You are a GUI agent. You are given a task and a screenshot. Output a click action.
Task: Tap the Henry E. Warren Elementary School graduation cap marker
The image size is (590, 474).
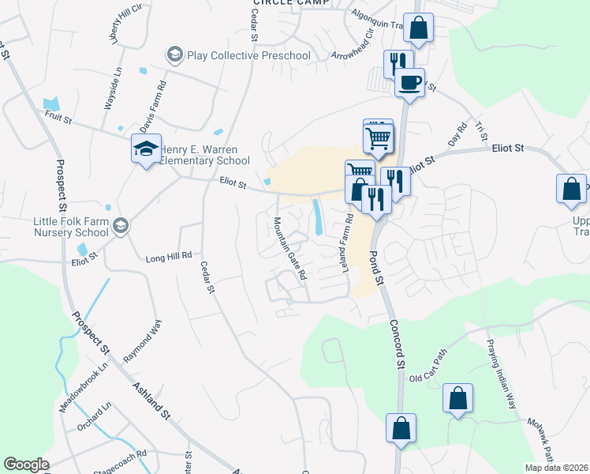pos(146,150)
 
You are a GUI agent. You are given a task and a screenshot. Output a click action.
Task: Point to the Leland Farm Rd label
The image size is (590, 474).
pos(345,245)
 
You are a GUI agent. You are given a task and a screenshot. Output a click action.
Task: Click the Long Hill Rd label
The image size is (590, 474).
pos(169,257)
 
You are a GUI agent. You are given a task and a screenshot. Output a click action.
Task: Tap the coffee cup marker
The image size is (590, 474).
pos(409,81)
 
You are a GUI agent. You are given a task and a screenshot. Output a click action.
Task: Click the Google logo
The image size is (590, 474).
pos(26,465)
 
